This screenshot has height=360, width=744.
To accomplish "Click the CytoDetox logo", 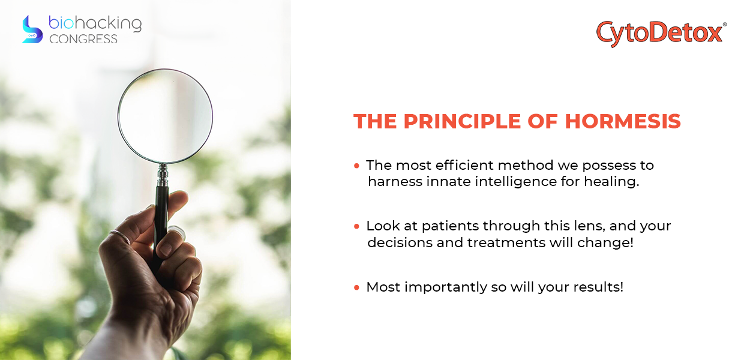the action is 661,34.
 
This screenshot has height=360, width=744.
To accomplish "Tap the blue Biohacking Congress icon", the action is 32,29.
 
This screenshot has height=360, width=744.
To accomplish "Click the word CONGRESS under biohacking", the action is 83,39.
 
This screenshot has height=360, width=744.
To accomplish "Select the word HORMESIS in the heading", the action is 623,121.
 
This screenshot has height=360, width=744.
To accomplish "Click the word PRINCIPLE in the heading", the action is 462,121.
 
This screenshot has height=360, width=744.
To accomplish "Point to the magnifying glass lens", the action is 165,116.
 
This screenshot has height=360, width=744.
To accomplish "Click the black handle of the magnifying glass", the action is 161,226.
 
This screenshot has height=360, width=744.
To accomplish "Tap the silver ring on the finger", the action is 120,236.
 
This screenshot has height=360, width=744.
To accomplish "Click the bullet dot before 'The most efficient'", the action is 357,166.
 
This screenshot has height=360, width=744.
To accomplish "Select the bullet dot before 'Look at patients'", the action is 357,226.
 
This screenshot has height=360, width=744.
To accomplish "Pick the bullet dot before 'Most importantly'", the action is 357,287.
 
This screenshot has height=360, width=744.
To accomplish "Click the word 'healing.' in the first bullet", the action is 611,181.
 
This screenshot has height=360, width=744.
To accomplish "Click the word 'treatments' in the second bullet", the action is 506,243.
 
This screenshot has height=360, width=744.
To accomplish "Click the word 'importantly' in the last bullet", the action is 445,287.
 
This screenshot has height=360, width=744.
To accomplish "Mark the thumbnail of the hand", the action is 176,231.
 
